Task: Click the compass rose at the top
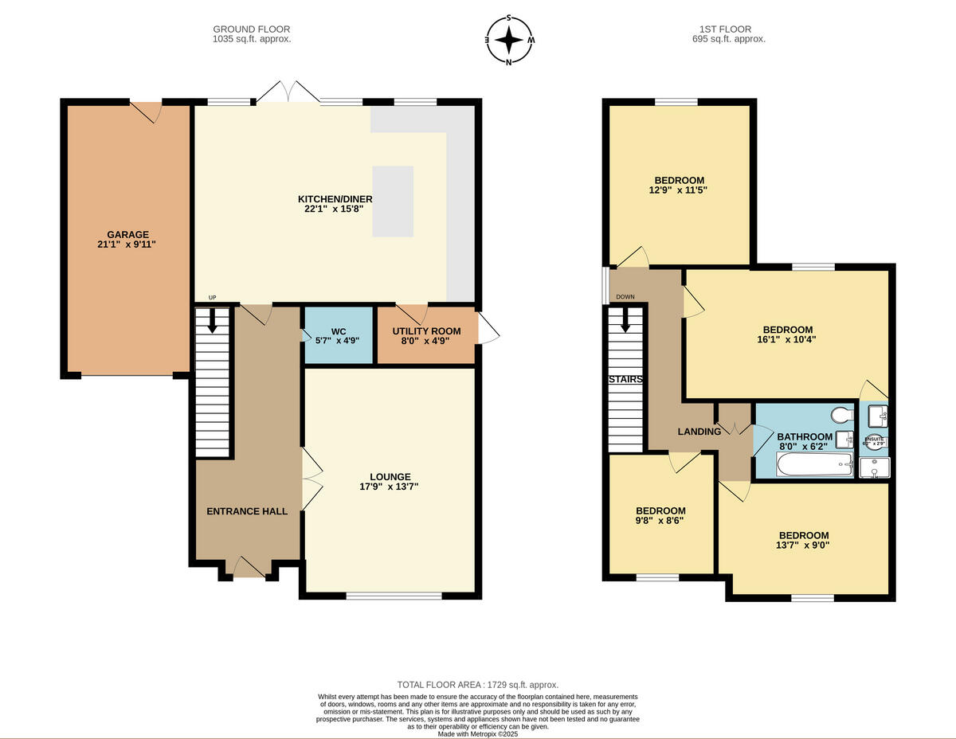(x=509, y=39)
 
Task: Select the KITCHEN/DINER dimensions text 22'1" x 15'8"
(x=335, y=210)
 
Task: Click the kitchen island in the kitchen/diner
(x=393, y=201)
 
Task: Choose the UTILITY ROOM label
(x=426, y=330)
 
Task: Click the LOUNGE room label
(x=390, y=476)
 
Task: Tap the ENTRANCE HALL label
(x=246, y=510)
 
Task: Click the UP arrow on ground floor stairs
(x=213, y=322)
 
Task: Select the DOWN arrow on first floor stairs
(x=626, y=320)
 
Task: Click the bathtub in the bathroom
(x=813, y=464)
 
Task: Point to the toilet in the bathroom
(x=838, y=416)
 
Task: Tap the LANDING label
(x=699, y=432)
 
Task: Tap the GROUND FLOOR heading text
(x=252, y=29)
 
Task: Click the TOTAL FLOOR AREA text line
(x=478, y=685)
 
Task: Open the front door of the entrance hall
(x=249, y=567)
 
